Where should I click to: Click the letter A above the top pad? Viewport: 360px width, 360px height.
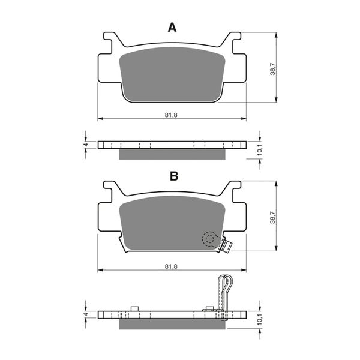pyautogui.click(x=172, y=28)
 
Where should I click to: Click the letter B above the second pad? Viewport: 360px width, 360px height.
pyautogui.click(x=173, y=176)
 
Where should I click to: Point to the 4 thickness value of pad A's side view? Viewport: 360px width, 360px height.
pyautogui.click(x=86, y=145)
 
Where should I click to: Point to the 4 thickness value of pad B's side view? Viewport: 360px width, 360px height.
pyautogui.click(x=86, y=314)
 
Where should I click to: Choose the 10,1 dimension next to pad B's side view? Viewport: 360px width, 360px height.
pyautogui.click(x=259, y=319)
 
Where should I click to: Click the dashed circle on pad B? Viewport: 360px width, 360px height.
pyautogui.click(x=209, y=239)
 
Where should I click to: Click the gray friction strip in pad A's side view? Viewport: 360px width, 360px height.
pyautogui.click(x=172, y=154)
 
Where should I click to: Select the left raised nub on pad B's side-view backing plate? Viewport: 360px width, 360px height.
pyautogui.click(x=134, y=309)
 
